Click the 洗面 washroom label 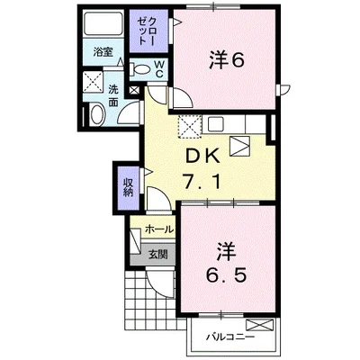point(114,97)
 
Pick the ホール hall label point(157,229)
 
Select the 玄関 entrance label point(157,256)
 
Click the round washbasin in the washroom point(97,114)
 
